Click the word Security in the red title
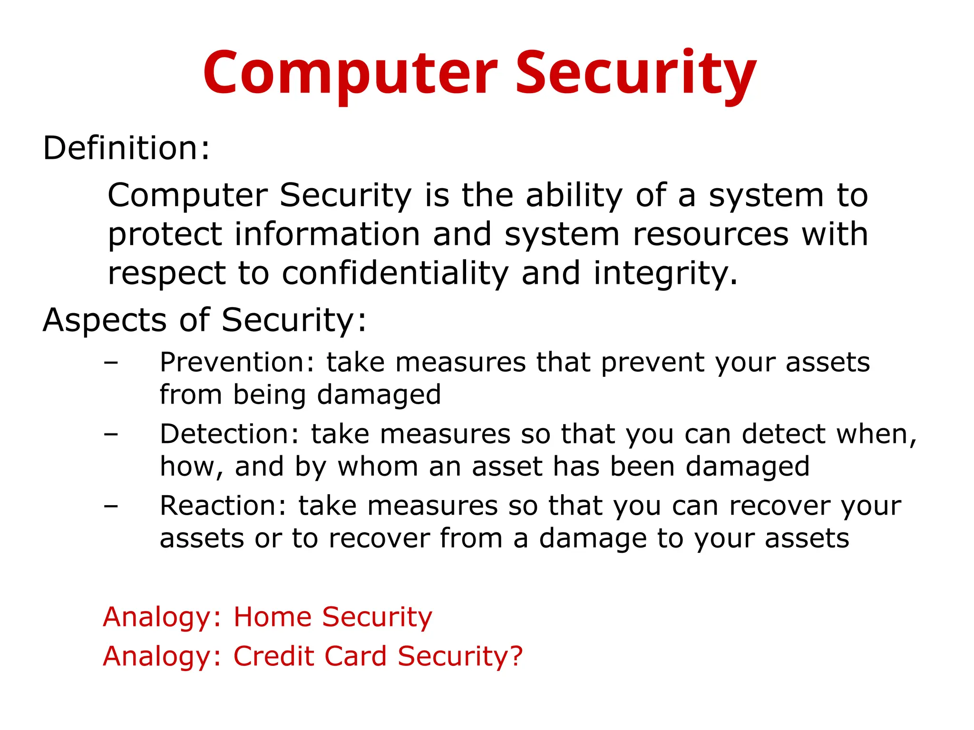click(636, 74)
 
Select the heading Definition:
click(126, 148)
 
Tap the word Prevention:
click(237, 362)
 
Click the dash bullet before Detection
click(111, 435)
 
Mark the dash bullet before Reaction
click(111, 507)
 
